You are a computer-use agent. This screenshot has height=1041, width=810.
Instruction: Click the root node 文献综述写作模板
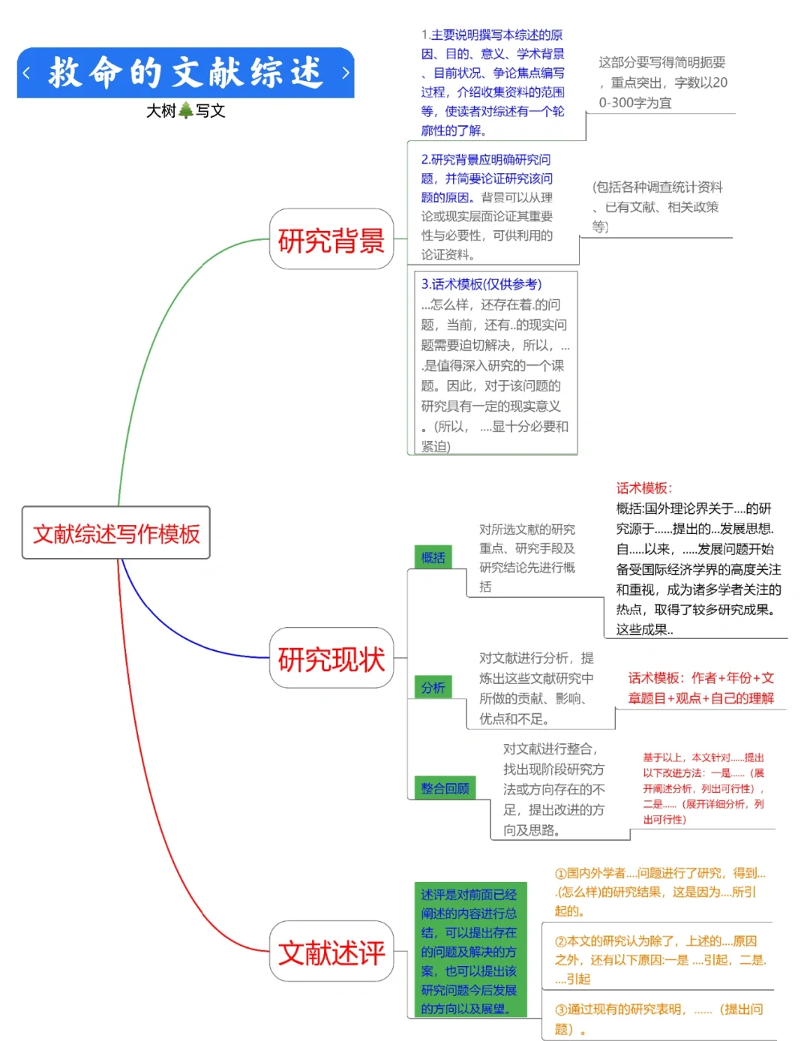pyautogui.click(x=116, y=533)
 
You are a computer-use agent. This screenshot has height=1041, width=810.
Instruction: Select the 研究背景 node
pyautogui.click(x=331, y=240)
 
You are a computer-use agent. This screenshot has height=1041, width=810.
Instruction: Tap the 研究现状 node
pyautogui.click(x=331, y=658)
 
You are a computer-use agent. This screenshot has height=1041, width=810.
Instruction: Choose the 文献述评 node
pyautogui.click(x=331, y=952)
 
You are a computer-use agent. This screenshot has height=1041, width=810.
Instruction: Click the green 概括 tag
pyautogui.click(x=433, y=557)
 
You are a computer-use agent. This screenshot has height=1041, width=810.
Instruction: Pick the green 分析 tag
pyautogui.click(x=433, y=687)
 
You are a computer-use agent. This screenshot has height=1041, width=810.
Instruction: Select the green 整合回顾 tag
pyautogui.click(x=445, y=788)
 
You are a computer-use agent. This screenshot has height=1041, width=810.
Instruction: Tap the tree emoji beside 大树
pyautogui.click(x=186, y=111)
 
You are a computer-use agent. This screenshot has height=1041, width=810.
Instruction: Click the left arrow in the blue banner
pyautogui.click(x=27, y=73)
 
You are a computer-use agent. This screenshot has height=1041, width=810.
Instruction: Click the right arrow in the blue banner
pyautogui.click(x=345, y=73)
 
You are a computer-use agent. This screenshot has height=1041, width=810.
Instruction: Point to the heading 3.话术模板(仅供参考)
pyautogui.click(x=481, y=284)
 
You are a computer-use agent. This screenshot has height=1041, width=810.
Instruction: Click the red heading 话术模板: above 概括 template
pyautogui.click(x=643, y=488)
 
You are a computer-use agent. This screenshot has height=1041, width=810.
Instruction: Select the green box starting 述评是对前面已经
pyautogui.click(x=469, y=951)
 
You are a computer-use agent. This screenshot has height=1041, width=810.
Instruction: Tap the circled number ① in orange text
pyautogui.click(x=560, y=874)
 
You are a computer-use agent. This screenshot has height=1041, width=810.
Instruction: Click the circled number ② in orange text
pyautogui.click(x=560, y=942)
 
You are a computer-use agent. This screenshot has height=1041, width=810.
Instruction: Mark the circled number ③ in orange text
pyautogui.click(x=560, y=1010)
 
